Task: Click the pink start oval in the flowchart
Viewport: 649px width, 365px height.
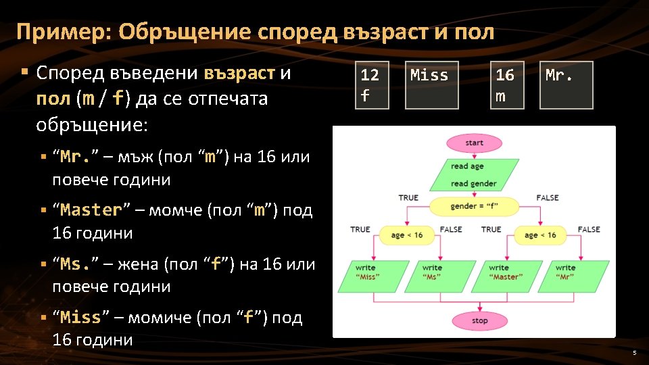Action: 474,143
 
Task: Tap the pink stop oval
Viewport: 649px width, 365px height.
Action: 479,320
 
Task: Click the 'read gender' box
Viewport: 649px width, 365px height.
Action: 473,183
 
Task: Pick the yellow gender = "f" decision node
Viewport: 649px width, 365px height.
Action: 474,206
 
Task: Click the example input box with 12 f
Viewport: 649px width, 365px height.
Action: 370,85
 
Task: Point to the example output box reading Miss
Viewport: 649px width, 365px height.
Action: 431,85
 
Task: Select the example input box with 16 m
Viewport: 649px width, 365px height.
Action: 506,85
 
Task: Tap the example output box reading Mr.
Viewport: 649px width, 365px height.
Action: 566,85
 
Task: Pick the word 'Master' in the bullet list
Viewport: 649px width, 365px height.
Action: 91,210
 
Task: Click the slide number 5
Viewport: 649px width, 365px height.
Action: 634,353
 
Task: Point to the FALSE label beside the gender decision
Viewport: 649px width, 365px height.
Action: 547,197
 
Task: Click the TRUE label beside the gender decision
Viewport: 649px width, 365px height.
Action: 408,197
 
